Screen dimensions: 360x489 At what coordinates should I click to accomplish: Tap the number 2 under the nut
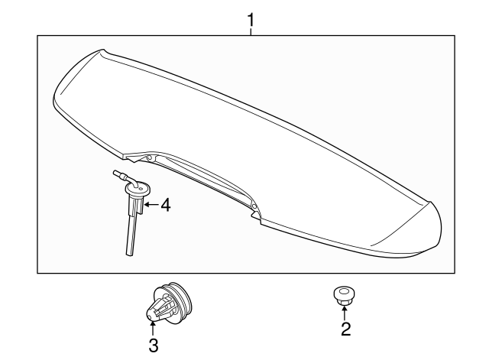pos(345,329)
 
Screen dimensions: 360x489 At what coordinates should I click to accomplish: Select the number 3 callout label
pos(153,345)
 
